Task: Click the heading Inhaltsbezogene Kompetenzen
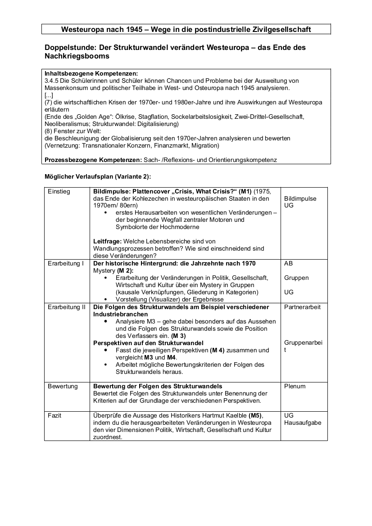(x=91, y=73)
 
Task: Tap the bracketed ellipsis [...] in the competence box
(x=49, y=95)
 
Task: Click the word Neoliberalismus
(x=69, y=124)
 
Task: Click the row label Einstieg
(x=59, y=191)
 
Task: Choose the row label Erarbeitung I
(x=66, y=263)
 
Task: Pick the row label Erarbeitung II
(x=67, y=307)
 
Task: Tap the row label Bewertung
(x=63, y=386)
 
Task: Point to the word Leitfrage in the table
(x=107, y=241)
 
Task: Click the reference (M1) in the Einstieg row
(x=245, y=191)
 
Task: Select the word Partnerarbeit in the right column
(x=302, y=307)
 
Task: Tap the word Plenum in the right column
(x=295, y=386)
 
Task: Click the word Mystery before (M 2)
(x=104, y=270)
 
